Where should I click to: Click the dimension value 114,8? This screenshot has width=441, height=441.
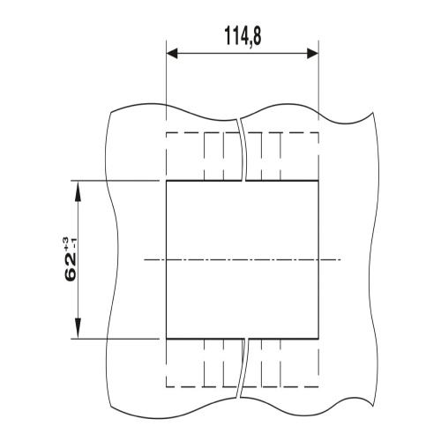tap(243, 36)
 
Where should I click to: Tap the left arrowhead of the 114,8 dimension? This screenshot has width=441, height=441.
tap(172, 54)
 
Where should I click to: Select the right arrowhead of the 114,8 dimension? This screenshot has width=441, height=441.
tap(313, 54)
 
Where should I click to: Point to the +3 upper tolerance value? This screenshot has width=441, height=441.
tap(65, 242)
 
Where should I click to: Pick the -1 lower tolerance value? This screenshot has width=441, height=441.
tap(74, 243)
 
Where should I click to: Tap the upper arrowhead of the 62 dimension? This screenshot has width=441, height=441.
tap(78, 191)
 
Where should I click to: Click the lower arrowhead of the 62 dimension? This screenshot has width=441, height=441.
tap(78, 328)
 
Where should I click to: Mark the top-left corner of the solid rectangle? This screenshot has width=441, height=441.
tap(167, 181)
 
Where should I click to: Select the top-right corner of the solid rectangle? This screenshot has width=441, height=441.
tap(318, 181)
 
